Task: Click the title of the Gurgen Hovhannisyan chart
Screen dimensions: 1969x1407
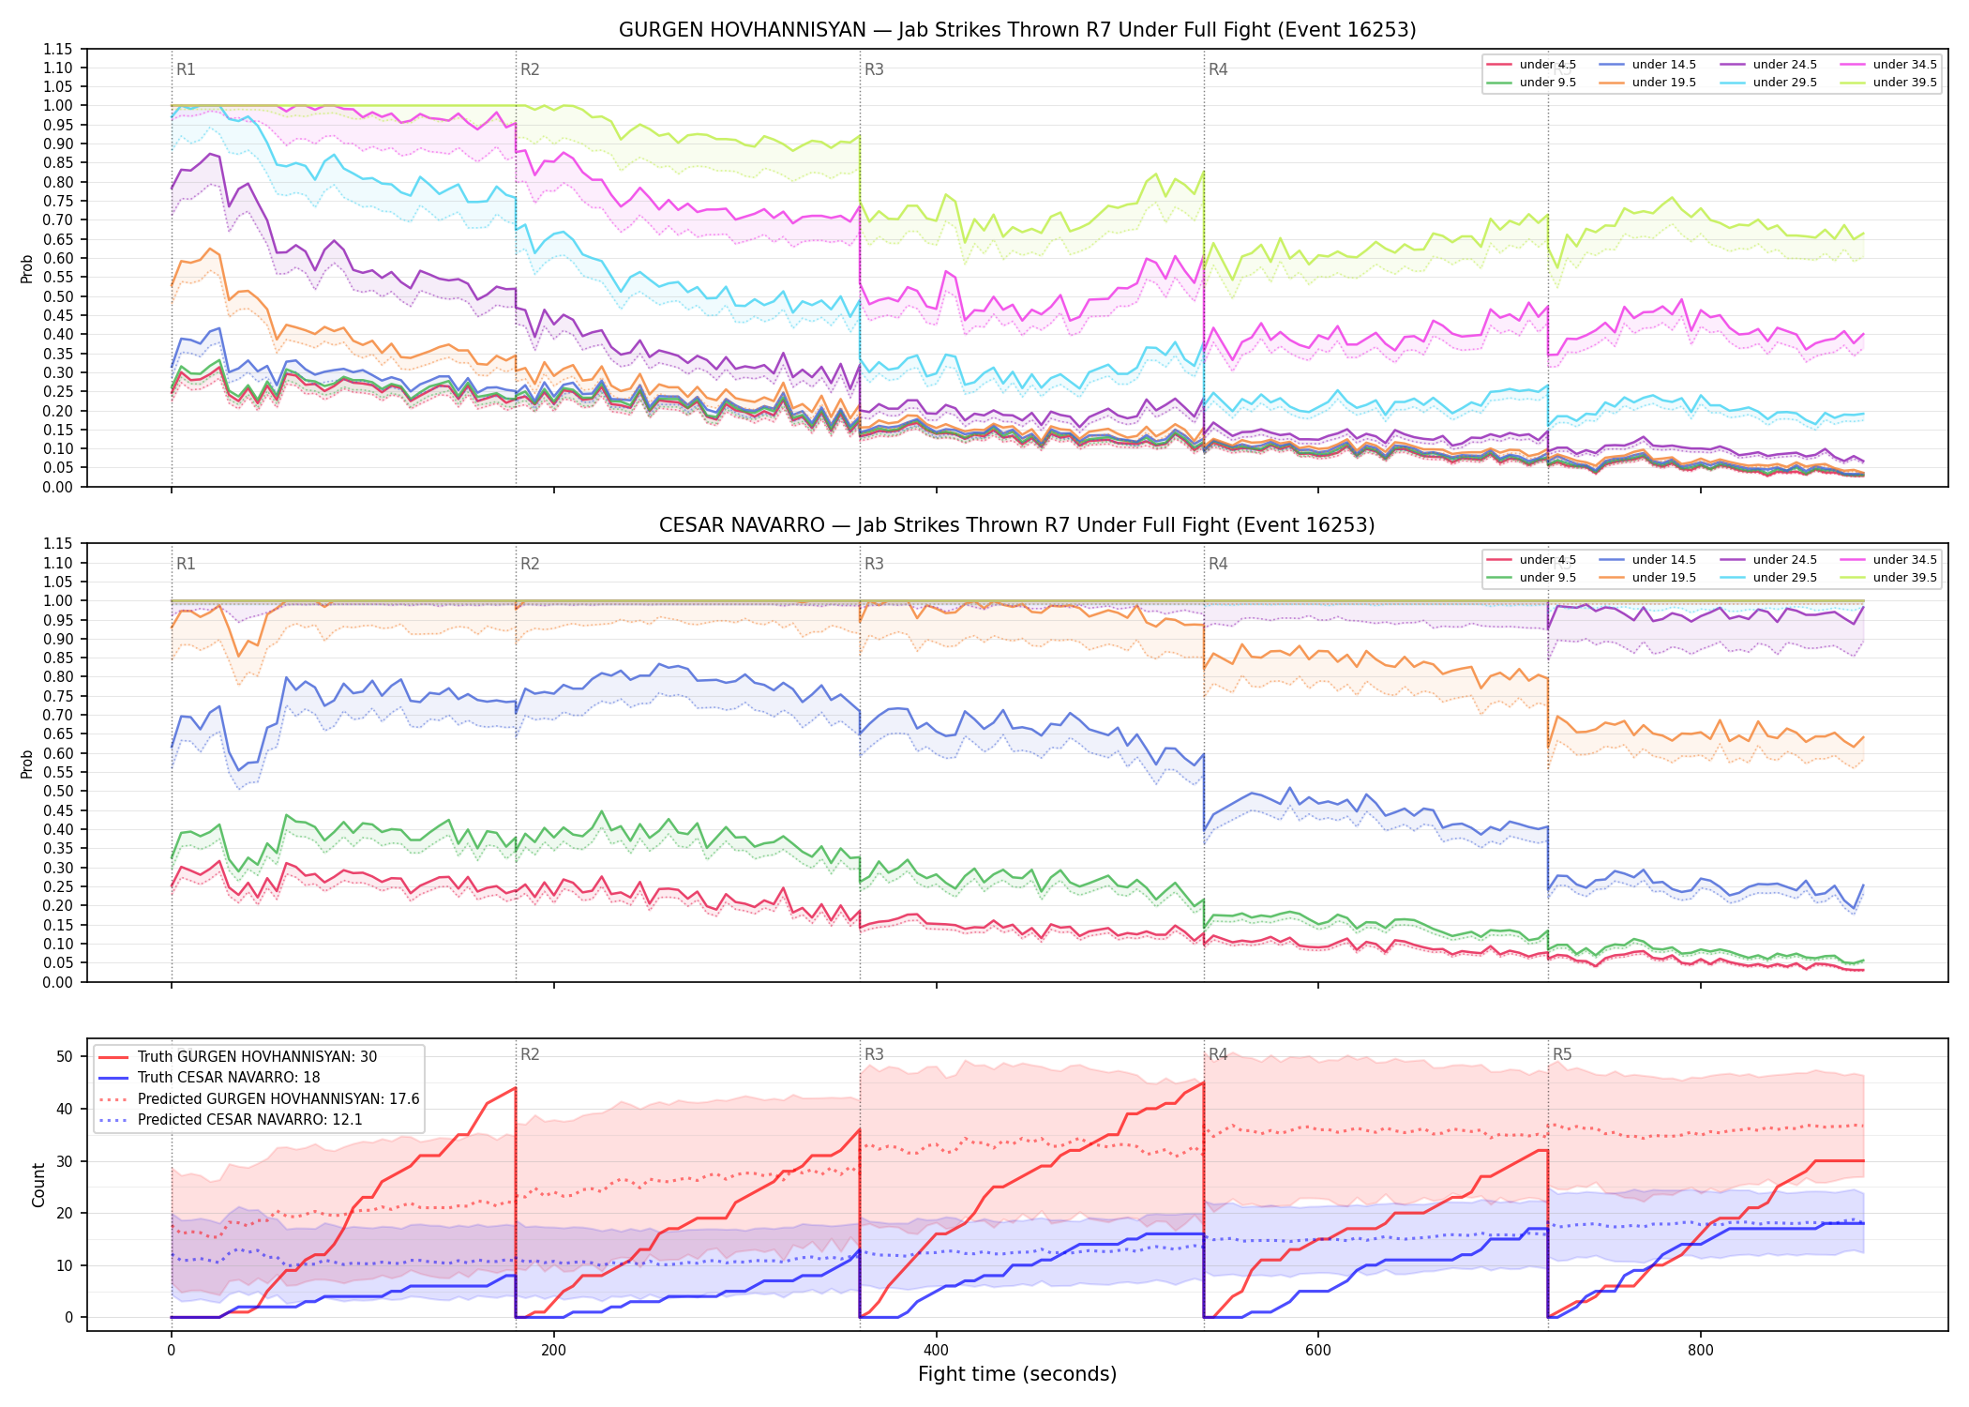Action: click(x=1017, y=30)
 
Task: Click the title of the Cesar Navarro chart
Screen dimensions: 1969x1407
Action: click(x=1017, y=525)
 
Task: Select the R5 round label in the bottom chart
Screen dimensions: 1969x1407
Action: click(x=1562, y=1054)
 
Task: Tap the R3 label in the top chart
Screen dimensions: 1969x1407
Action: click(x=874, y=69)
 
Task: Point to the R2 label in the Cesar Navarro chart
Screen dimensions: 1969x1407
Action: click(x=530, y=564)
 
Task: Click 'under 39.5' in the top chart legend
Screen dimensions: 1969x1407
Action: click(x=1904, y=83)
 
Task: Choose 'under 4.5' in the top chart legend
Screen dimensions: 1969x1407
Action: click(x=1548, y=65)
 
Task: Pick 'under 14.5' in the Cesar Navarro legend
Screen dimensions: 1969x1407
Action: click(x=1664, y=560)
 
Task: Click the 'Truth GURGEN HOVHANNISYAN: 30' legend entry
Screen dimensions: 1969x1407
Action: click(x=257, y=1057)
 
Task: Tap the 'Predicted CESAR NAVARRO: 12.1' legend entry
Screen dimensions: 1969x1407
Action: click(x=249, y=1120)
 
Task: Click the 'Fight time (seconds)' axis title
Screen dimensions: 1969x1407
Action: click(x=1017, y=1374)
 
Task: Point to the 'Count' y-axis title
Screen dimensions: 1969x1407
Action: click(x=38, y=1185)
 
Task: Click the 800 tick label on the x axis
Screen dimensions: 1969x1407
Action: click(x=1700, y=1351)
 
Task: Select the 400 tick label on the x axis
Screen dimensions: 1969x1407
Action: click(x=936, y=1351)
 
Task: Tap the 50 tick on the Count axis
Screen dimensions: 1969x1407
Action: click(x=64, y=1056)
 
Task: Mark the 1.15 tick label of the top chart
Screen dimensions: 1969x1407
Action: click(x=58, y=49)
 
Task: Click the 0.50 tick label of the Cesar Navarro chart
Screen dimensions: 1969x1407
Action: click(x=58, y=791)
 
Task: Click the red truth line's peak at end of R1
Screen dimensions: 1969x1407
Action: click(x=516, y=1088)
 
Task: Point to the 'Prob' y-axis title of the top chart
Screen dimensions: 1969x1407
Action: click(x=26, y=268)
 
